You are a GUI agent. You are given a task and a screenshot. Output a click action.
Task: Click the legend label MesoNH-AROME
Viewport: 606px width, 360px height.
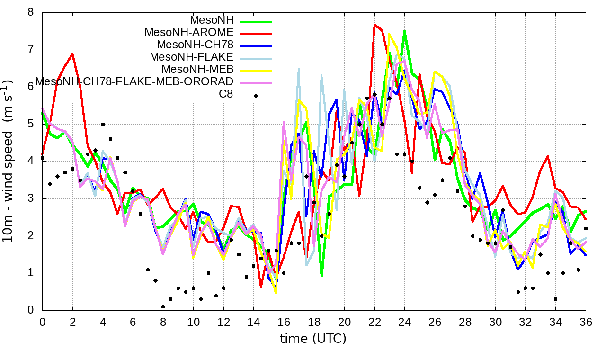pyautogui.click(x=189, y=33)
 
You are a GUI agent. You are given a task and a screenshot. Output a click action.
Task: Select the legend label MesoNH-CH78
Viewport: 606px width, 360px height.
pyautogui.click(x=195, y=45)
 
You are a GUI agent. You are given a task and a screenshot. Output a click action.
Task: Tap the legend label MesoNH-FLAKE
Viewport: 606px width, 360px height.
pyautogui.click(x=192, y=57)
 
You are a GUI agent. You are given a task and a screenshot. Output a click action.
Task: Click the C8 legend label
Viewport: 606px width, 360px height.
pyautogui.click(x=226, y=94)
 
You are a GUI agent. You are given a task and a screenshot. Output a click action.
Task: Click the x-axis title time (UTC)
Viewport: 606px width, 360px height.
pyautogui.click(x=313, y=339)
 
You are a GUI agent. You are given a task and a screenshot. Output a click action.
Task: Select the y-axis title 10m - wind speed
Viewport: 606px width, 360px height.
pyautogui.click(x=9, y=161)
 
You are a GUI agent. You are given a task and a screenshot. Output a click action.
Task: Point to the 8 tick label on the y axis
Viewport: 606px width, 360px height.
pyautogui.click(x=31, y=12)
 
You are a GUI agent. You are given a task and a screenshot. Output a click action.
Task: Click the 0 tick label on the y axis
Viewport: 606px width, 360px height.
pyautogui.click(x=31, y=310)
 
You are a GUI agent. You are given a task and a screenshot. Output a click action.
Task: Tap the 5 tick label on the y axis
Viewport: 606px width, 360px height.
pyautogui.click(x=31, y=124)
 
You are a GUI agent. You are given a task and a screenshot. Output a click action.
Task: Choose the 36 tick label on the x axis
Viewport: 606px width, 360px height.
pyautogui.click(x=586, y=322)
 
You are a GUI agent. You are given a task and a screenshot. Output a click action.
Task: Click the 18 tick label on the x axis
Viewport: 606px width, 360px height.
pyautogui.click(x=314, y=322)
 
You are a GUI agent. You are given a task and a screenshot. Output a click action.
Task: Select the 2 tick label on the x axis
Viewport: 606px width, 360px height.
pyautogui.click(x=72, y=322)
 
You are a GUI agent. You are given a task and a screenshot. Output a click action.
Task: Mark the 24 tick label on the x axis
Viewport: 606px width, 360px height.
pyautogui.click(x=404, y=322)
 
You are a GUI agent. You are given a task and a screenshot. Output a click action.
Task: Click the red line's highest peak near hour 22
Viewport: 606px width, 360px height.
pyautogui.click(x=374, y=25)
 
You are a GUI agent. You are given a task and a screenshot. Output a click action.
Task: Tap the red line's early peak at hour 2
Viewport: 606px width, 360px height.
pyautogui.click(x=72, y=54)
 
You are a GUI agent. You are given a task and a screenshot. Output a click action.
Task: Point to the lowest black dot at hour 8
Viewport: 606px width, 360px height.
pyautogui.click(x=163, y=306)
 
